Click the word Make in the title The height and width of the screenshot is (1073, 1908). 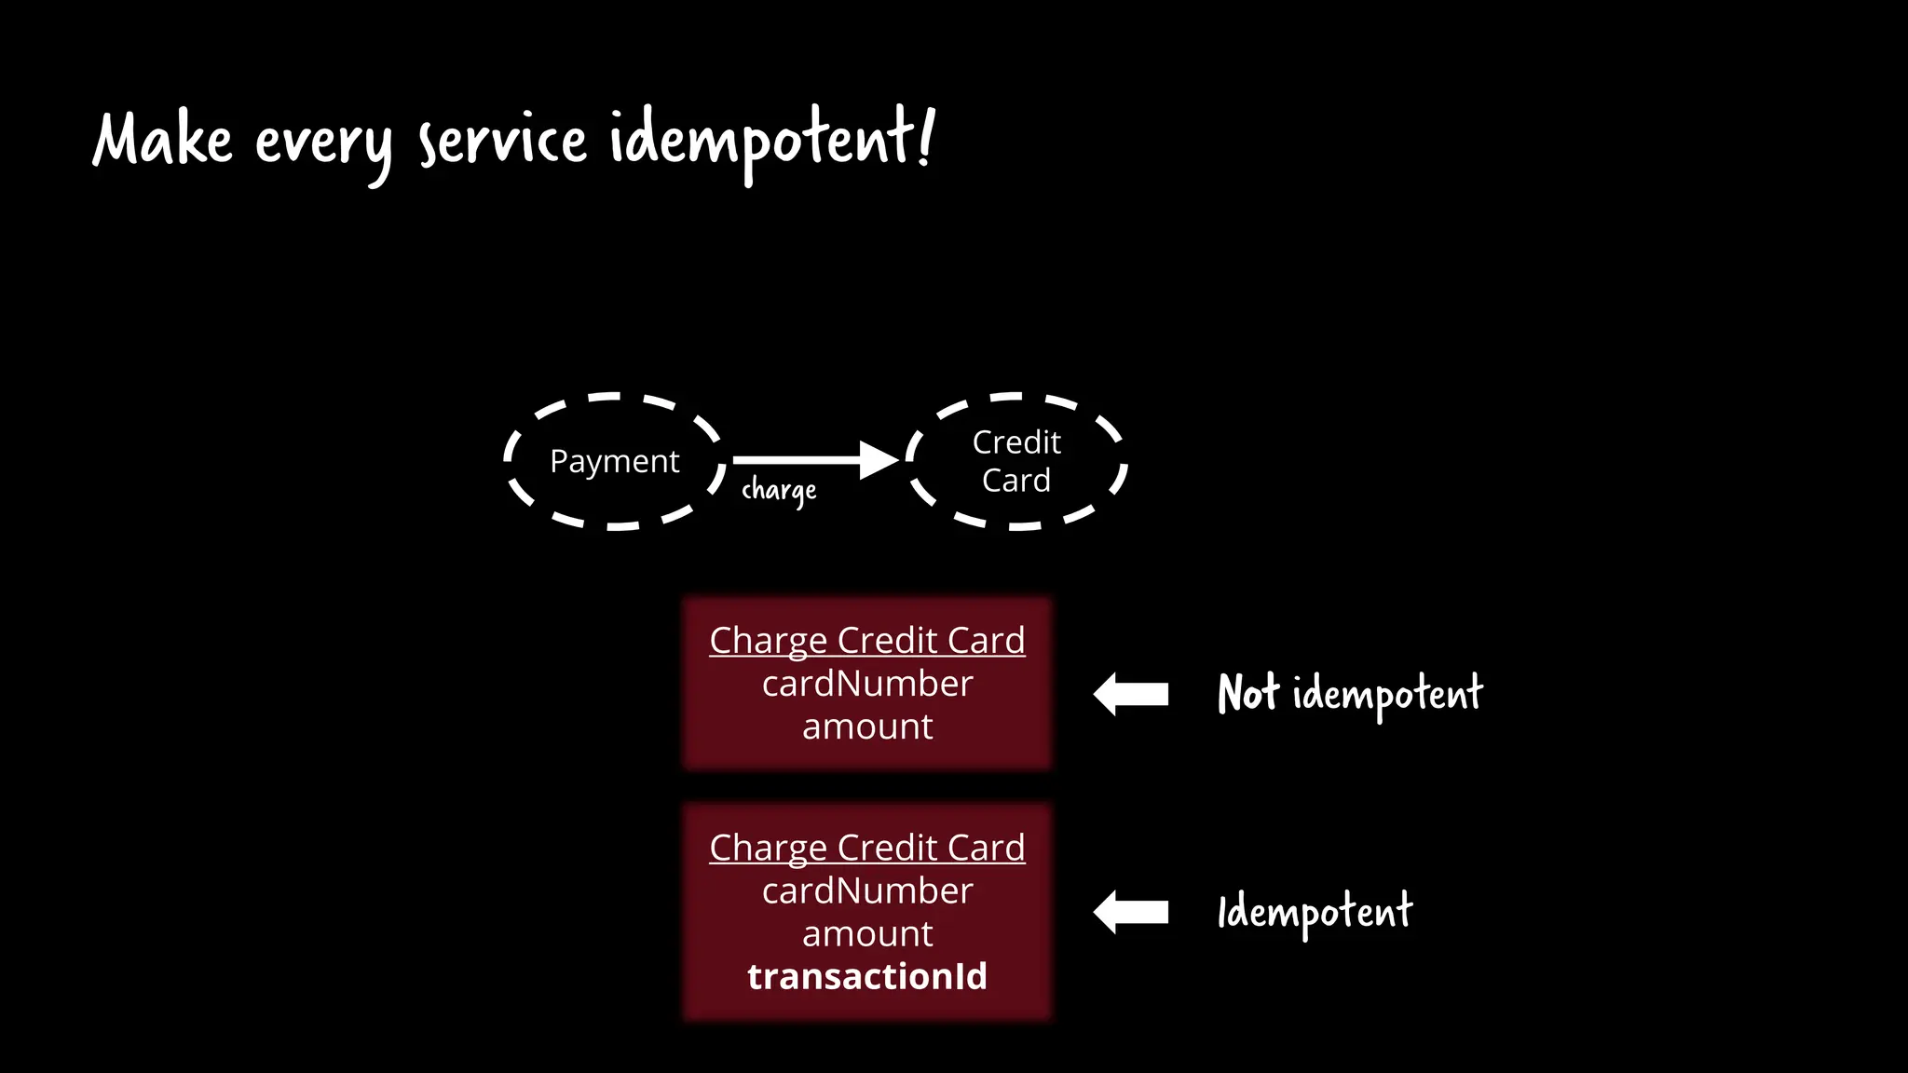162,140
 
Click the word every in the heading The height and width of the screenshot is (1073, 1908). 323,144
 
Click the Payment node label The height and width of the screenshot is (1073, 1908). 614,461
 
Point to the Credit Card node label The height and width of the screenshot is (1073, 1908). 1016,461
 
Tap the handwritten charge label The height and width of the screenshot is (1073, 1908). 779,491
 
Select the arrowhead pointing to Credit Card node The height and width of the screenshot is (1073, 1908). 877,459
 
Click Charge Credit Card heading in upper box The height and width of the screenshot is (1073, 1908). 866,640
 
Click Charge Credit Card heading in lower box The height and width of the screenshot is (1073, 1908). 866,848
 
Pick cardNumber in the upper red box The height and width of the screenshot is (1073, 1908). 866,684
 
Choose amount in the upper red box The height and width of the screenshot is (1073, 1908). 866,727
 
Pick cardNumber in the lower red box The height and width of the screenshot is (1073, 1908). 866,891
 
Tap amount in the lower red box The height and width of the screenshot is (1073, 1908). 866,934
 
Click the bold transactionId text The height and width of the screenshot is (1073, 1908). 866,976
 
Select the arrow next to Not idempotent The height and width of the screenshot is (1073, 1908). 1131,694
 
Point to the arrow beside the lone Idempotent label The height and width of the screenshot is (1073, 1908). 1131,912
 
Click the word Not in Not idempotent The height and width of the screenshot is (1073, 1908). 1248,694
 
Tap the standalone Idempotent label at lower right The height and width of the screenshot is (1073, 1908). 1315,912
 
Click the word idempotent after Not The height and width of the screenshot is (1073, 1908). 1387,695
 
